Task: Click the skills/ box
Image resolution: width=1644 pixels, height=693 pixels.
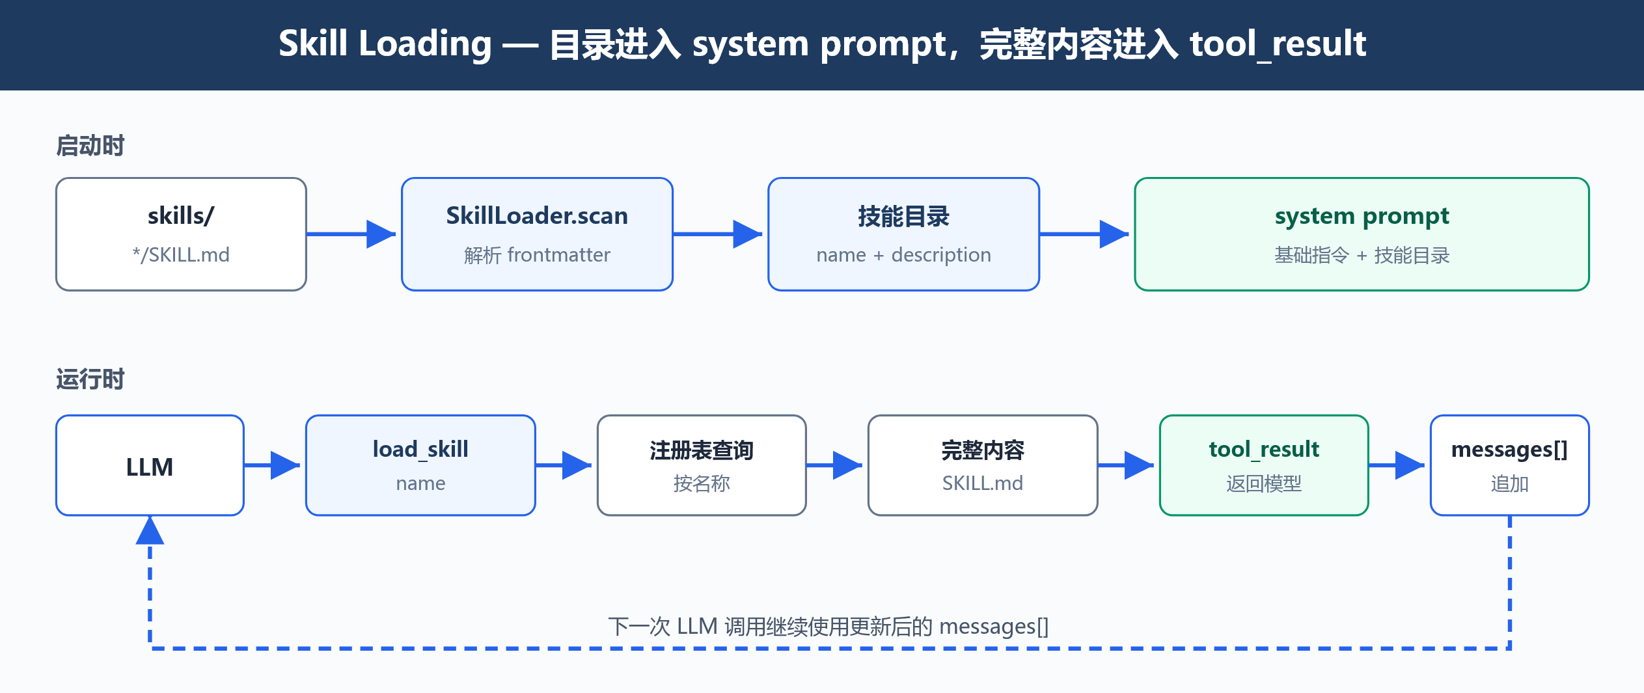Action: click(x=181, y=234)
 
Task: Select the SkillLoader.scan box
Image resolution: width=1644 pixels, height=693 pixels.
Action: click(x=537, y=234)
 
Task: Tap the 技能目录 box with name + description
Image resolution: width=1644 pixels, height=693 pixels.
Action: click(x=903, y=234)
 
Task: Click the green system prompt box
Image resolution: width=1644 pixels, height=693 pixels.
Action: click(x=1362, y=234)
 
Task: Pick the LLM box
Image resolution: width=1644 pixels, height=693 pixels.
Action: click(x=150, y=465)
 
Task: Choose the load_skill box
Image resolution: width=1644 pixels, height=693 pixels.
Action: click(x=420, y=465)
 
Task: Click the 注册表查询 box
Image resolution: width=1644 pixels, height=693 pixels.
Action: click(x=702, y=465)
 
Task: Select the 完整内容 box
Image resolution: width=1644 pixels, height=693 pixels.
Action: click(x=983, y=465)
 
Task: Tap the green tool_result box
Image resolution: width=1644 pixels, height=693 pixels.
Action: click(x=1264, y=465)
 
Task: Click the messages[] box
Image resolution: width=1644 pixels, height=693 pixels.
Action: click(x=1510, y=465)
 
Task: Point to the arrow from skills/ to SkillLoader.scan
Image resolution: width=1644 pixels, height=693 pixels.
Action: click(x=351, y=234)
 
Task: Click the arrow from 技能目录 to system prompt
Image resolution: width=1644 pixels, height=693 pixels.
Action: click(x=1084, y=234)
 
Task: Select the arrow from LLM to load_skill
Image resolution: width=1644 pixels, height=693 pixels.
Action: click(x=272, y=465)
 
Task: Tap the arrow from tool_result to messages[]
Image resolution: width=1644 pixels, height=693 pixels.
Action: click(x=1397, y=465)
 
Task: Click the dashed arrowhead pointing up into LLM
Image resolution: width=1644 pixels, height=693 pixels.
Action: click(x=150, y=530)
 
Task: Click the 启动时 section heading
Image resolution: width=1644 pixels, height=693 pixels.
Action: click(x=90, y=146)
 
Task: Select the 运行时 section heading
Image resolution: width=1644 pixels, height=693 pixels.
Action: click(x=90, y=379)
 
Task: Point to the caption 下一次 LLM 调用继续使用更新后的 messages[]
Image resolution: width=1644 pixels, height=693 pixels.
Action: click(x=828, y=626)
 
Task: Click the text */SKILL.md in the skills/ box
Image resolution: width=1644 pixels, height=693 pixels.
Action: click(x=181, y=254)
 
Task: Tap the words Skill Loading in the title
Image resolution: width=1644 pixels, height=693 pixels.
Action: click(x=385, y=44)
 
